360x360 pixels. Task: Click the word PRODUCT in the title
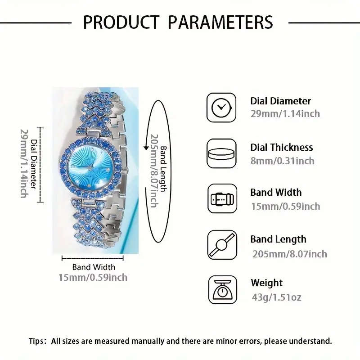(x=120, y=22)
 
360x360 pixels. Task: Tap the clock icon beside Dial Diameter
(x=221, y=107)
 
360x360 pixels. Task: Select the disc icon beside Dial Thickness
(x=221, y=153)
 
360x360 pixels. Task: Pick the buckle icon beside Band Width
(x=221, y=198)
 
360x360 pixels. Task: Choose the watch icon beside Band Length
(x=221, y=245)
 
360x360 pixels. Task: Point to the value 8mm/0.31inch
(x=282, y=161)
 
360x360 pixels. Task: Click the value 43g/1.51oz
(x=276, y=297)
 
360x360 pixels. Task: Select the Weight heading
(x=267, y=283)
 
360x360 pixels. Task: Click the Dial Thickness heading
(x=281, y=148)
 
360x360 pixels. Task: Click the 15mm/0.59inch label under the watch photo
(x=93, y=277)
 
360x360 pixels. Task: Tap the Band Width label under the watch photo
(x=94, y=267)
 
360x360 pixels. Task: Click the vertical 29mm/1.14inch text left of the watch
(x=24, y=163)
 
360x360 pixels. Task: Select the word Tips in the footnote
(x=37, y=341)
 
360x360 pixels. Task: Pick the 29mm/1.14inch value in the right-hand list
(x=285, y=114)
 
